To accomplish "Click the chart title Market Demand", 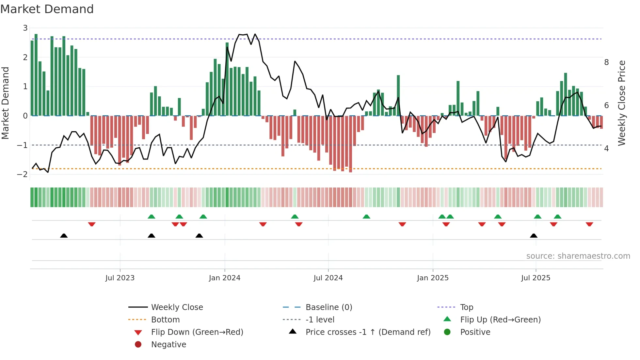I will [47, 9].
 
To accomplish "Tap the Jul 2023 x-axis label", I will [120, 278].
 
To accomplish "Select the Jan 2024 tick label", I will [224, 278].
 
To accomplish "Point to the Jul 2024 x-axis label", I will [328, 278].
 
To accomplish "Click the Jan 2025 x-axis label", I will [433, 278].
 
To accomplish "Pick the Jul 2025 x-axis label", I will [536, 278].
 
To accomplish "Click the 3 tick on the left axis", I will [25, 28].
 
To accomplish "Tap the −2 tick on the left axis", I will [23, 174].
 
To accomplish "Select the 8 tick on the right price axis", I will [606, 62].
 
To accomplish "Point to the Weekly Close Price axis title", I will [622, 103].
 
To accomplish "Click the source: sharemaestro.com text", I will [578, 256].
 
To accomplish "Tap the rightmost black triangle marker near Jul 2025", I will [534, 236].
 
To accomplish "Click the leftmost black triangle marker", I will [64, 236].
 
